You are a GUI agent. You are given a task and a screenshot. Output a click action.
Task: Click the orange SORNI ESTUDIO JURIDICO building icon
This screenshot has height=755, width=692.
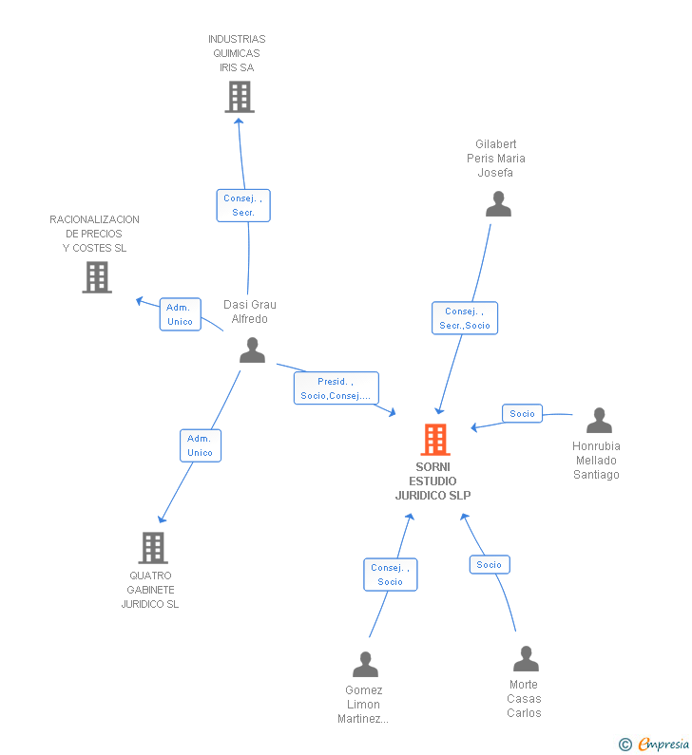coord(435,439)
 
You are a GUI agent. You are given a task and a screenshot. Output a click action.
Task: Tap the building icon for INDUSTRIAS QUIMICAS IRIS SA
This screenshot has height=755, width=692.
coord(240,97)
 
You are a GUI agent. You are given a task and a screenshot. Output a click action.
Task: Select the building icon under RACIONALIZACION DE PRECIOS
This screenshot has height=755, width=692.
coord(97,277)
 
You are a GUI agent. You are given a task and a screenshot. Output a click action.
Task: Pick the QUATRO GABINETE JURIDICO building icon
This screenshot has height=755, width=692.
coord(153,547)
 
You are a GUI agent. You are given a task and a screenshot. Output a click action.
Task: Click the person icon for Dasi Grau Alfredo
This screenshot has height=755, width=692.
coord(253,350)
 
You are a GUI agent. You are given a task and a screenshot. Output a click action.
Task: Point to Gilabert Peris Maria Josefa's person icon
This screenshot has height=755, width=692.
coord(498,203)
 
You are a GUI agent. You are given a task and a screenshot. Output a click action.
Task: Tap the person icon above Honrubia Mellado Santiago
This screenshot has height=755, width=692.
coord(599,420)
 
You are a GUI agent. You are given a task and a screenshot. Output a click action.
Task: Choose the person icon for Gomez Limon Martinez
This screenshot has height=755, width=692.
coord(365,664)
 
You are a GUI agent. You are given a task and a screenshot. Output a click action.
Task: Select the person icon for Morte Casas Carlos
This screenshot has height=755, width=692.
coord(526,658)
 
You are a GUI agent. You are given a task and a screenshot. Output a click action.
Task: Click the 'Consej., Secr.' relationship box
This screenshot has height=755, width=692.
coord(243,205)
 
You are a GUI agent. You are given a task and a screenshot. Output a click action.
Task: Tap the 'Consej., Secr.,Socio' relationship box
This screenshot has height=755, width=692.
coord(465,318)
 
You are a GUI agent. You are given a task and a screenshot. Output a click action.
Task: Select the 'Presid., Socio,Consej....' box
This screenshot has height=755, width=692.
coord(336,388)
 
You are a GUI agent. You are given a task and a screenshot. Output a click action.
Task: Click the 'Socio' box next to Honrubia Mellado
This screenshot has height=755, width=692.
coord(523,414)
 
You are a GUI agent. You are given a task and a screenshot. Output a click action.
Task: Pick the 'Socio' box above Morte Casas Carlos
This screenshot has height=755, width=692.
coord(490,565)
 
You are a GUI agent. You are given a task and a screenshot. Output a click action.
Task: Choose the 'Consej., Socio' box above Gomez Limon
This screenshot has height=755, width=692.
coord(391,575)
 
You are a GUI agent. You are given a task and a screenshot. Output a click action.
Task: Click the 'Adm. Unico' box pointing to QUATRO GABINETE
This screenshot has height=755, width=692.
coord(201,445)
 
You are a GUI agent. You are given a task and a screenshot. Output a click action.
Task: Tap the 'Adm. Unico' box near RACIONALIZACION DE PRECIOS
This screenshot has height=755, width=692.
coord(181,314)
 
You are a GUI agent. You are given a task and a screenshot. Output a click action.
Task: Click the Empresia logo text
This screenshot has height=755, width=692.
coord(664,745)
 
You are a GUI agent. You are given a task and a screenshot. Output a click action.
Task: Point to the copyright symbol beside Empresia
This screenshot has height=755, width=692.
coord(625,745)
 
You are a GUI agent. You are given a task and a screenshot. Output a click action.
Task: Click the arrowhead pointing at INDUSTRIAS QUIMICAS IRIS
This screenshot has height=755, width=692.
coord(239,122)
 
